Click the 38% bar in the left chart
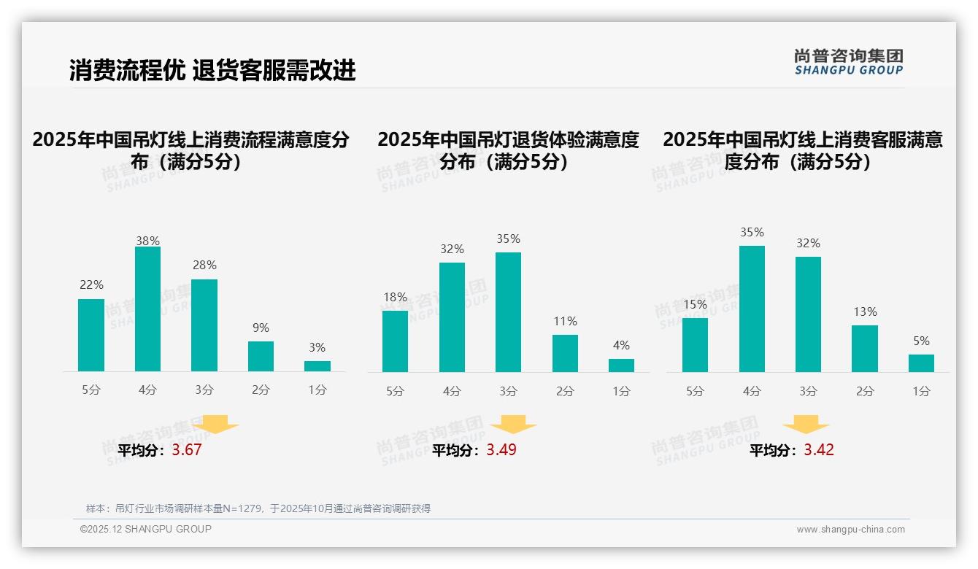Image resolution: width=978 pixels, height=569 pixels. [147, 309]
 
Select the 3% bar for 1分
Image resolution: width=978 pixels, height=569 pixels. [317, 365]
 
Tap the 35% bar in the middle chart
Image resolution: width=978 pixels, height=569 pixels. [508, 312]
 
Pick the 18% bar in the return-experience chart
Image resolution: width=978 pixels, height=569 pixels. [395, 341]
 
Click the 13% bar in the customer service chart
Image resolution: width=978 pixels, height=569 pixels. [865, 348]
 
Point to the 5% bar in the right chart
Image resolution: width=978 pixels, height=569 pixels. [921, 363]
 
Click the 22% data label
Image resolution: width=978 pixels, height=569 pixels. [91, 285]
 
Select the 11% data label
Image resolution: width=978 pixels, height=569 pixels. [565, 321]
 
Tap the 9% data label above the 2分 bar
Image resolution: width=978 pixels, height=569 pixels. [261, 328]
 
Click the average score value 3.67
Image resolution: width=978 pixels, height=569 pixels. [187, 450]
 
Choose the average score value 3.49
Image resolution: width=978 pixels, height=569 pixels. [501, 450]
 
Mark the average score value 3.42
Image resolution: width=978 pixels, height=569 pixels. [819, 450]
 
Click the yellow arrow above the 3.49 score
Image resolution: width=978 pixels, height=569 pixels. [513, 425]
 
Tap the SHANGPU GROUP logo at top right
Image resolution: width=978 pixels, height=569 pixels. [848, 62]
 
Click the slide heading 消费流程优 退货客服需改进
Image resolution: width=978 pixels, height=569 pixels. [212, 70]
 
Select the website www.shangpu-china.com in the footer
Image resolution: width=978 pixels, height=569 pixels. [850, 530]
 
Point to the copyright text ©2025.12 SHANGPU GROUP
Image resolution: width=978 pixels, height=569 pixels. [146, 529]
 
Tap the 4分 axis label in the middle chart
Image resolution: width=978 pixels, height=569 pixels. [452, 391]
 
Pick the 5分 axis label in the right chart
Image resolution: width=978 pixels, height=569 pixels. [695, 391]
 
